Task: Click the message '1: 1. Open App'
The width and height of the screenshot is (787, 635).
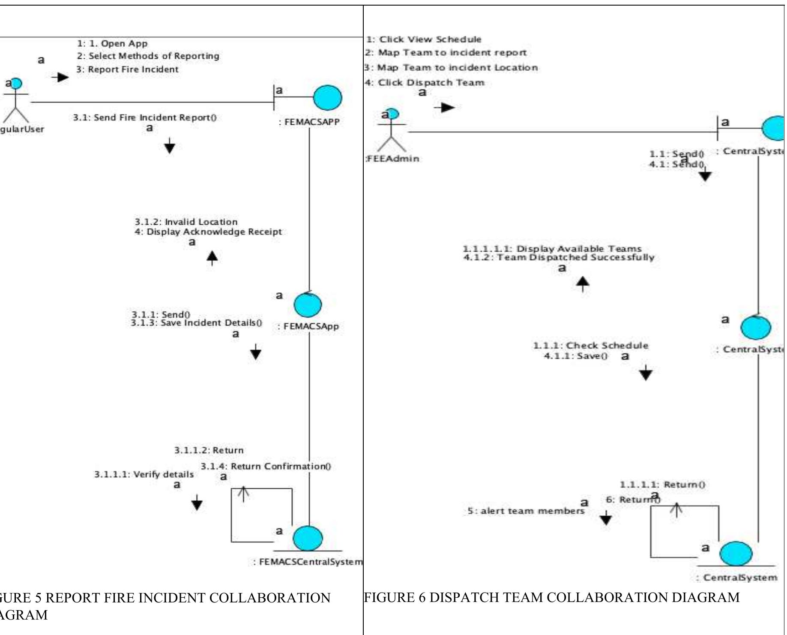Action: click(112, 44)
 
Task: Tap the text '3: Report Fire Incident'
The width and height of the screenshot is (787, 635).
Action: click(127, 69)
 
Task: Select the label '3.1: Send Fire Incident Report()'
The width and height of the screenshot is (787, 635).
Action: click(144, 117)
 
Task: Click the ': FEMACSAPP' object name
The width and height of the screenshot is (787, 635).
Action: click(309, 122)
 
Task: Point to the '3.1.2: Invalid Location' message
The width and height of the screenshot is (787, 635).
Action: click(186, 222)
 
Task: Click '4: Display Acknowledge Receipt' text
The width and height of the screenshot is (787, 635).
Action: click(208, 232)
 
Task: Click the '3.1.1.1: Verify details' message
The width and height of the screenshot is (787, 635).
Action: click(144, 475)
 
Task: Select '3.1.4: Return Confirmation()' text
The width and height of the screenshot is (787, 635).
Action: click(266, 466)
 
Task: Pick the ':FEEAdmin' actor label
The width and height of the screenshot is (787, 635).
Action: click(392, 159)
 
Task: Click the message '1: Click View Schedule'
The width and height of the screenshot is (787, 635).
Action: click(424, 39)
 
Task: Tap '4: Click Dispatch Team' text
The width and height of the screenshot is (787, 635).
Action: click(424, 83)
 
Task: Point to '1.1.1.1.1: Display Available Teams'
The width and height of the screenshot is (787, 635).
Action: click(552, 249)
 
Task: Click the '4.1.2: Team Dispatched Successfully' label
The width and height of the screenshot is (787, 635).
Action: click(559, 258)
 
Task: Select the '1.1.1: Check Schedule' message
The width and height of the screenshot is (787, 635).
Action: click(590, 346)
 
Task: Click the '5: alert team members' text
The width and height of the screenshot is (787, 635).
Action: click(526, 511)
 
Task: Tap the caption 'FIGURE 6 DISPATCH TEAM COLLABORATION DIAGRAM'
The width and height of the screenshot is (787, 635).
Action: click(551, 598)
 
